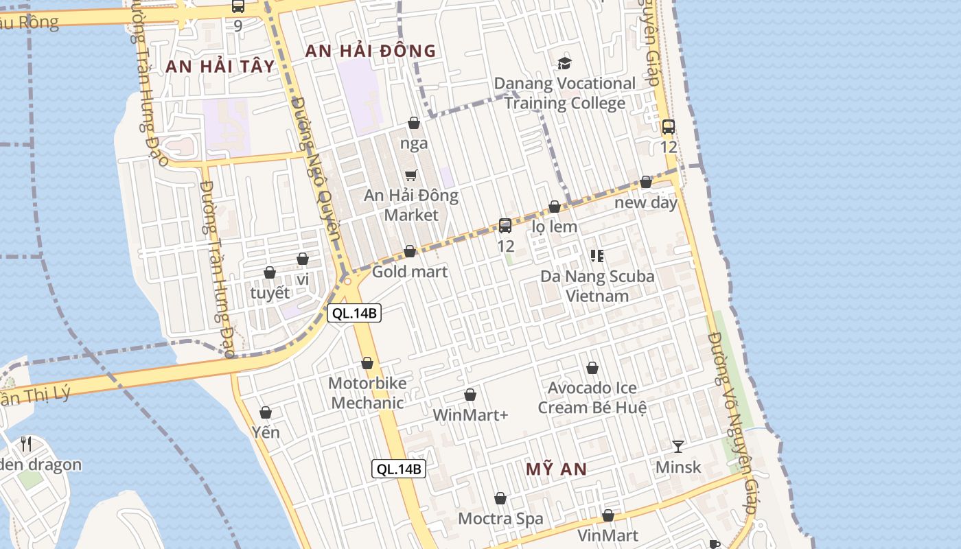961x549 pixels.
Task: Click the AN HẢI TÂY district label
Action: [x=220, y=67]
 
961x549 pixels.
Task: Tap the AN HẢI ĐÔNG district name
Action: [x=370, y=51]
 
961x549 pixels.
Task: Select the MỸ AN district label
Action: [x=556, y=469]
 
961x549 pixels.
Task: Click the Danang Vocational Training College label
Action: [x=565, y=93]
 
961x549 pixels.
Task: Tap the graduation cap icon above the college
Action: [x=564, y=63]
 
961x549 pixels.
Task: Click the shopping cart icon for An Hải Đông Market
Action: [x=410, y=175]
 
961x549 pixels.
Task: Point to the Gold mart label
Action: [x=410, y=272]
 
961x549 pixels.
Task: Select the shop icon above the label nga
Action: [x=414, y=124]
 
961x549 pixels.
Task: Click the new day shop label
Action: [x=646, y=202]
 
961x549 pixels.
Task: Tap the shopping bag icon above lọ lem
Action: [x=555, y=207]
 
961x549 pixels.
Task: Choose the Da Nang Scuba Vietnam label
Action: [x=597, y=286]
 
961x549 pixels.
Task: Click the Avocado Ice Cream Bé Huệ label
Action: [x=592, y=398]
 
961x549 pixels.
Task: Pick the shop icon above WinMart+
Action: [x=470, y=395]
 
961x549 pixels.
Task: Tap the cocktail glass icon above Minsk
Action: [x=678, y=447]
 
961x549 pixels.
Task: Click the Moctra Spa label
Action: [x=500, y=519]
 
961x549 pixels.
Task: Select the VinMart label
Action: [x=607, y=535]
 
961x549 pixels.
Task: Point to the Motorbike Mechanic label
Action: [x=367, y=393]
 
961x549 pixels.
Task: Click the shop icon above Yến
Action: [x=266, y=412]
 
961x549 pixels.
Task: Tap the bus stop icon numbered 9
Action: [x=238, y=7]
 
